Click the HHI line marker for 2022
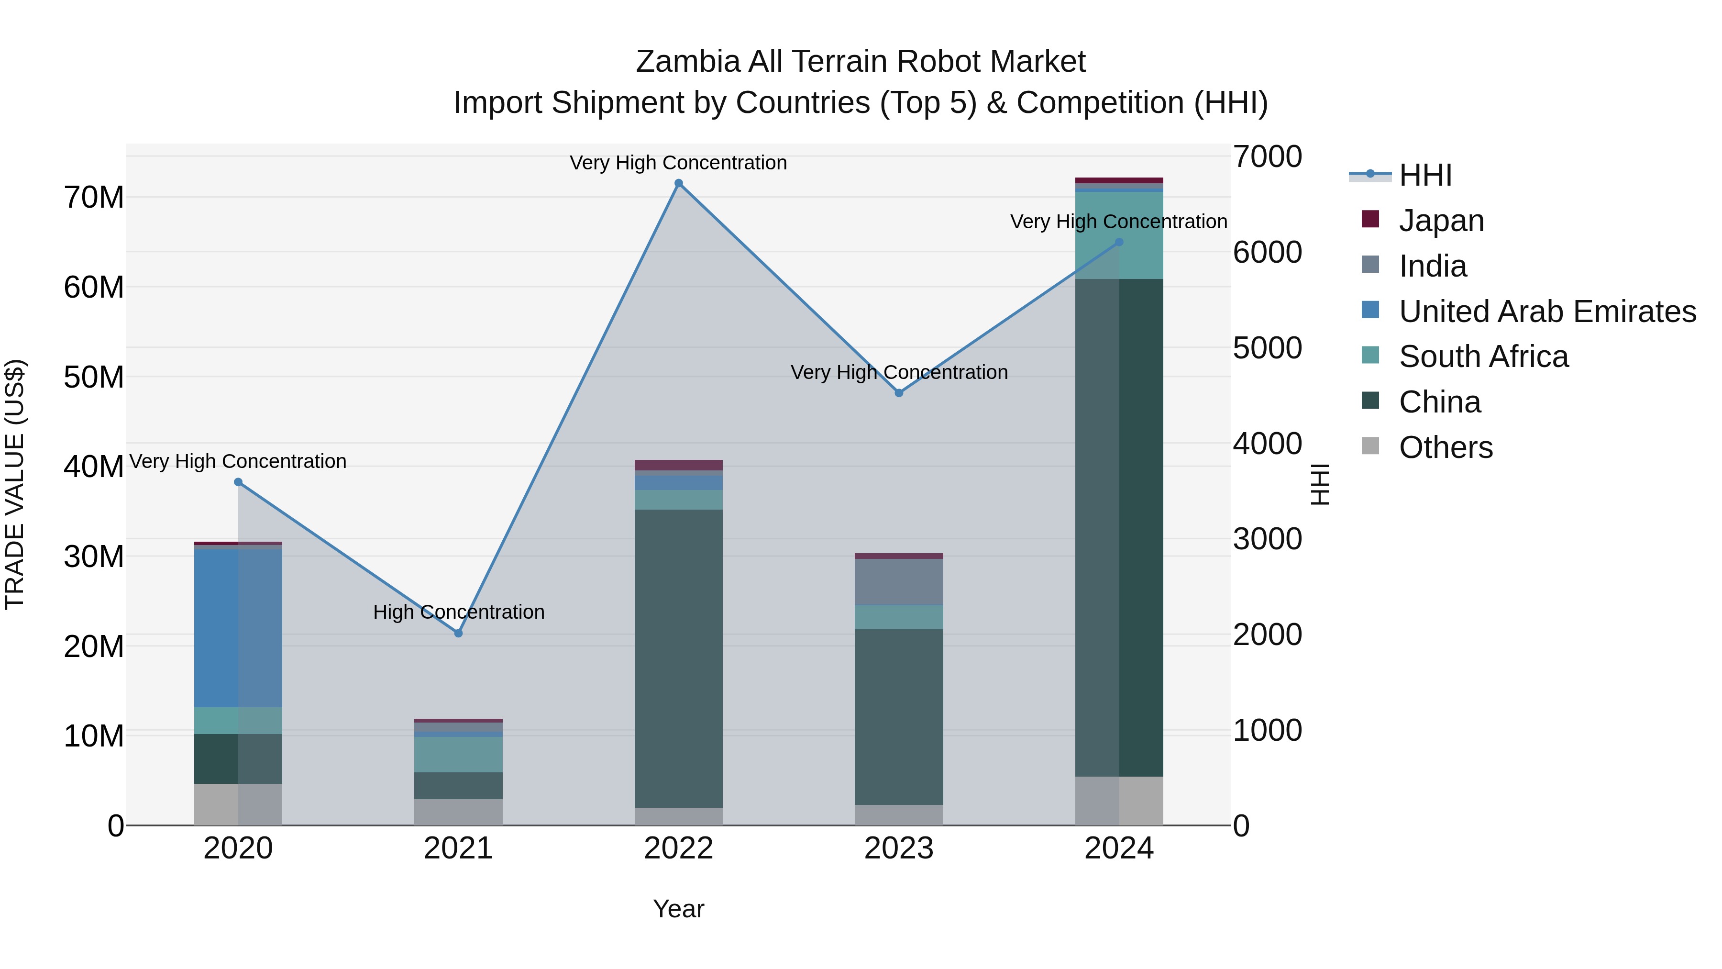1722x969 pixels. [x=678, y=183]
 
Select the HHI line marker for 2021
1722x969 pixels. [x=459, y=633]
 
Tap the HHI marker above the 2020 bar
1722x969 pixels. [x=238, y=482]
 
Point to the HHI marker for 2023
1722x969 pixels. [x=899, y=393]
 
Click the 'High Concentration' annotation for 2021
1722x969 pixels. [x=459, y=612]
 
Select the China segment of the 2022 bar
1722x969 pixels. [x=678, y=659]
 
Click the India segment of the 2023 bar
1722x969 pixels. [x=899, y=582]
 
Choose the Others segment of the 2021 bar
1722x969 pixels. [x=459, y=812]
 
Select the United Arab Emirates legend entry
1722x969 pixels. [x=1547, y=311]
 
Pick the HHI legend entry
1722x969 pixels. [x=1424, y=175]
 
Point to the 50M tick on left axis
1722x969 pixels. [x=94, y=377]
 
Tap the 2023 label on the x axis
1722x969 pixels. [x=899, y=848]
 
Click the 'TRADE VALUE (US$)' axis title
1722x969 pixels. [x=15, y=484]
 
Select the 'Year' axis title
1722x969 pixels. [x=678, y=909]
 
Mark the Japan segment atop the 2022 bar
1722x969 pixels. [x=678, y=465]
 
